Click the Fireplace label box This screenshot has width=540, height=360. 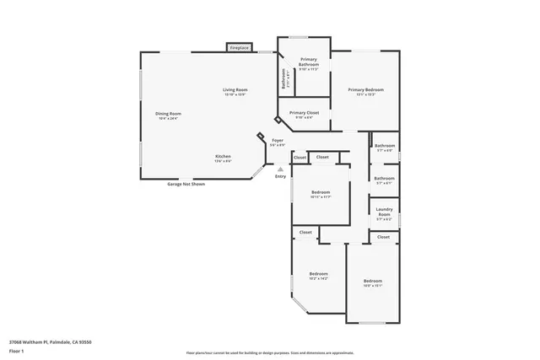tap(240, 48)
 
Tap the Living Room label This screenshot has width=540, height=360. tap(235, 91)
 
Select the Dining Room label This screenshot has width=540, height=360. tap(168, 115)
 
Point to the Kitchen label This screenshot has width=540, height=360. tap(223, 157)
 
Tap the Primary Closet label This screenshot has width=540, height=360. tap(304, 114)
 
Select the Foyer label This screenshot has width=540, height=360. tap(277, 142)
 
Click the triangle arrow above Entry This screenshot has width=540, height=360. tap(280, 169)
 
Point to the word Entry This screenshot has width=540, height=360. tap(280, 176)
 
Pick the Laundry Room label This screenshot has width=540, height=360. tap(384, 214)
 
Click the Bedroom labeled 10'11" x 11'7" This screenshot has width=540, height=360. tap(319, 194)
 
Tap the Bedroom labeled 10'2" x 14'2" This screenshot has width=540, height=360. tap(318, 275)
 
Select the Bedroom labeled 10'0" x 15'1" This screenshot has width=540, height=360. tap(372, 282)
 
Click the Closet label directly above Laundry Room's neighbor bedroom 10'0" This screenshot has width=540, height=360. tap(384, 237)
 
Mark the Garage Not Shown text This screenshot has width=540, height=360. tap(185, 183)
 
